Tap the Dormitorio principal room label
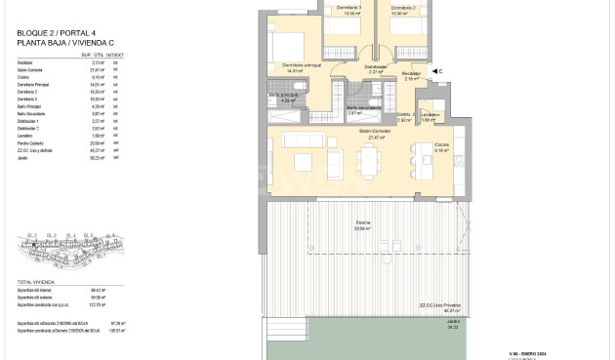[x=302, y=66]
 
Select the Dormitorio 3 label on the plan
[x=348, y=8]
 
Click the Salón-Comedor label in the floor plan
[x=373, y=130]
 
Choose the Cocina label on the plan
[x=442, y=145]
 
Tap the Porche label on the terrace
[x=363, y=222]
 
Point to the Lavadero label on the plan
[x=431, y=114]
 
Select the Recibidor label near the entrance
[x=412, y=73]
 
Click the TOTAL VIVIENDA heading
[x=36, y=282]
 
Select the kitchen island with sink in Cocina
[x=425, y=165]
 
